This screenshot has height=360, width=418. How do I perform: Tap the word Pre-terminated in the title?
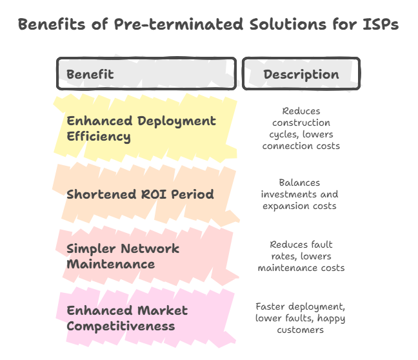(x=179, y=25)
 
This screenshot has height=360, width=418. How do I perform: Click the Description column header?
(x=301, y=74)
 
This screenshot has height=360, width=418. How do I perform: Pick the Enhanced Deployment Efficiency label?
(x=141, y=128)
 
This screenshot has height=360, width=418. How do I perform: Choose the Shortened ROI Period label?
(x=140, y=194)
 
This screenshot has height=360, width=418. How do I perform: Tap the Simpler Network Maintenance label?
(x=123, y=256)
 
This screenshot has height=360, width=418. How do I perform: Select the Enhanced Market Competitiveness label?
(x=127, y=318)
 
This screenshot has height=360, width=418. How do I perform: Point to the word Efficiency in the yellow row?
(x=99, y=137)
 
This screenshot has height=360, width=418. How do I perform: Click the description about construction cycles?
(x=301, y=128)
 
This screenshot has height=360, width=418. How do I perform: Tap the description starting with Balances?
(x=300, y=194)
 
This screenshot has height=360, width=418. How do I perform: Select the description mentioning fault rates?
(x=301, y=256)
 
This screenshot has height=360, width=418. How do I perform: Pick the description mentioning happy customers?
(x=300, y=318)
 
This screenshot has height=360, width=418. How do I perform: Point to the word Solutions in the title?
(x=288, y=25)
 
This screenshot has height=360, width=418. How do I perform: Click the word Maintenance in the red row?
(x=111, y=265)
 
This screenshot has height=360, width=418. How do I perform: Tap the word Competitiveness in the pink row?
(x=121, y=326)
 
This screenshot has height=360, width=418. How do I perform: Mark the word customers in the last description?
(x=300, y=330)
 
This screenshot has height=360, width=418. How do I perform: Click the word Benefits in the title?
(x=52, y=25)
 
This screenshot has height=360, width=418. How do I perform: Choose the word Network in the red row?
(x=150, y=249)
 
